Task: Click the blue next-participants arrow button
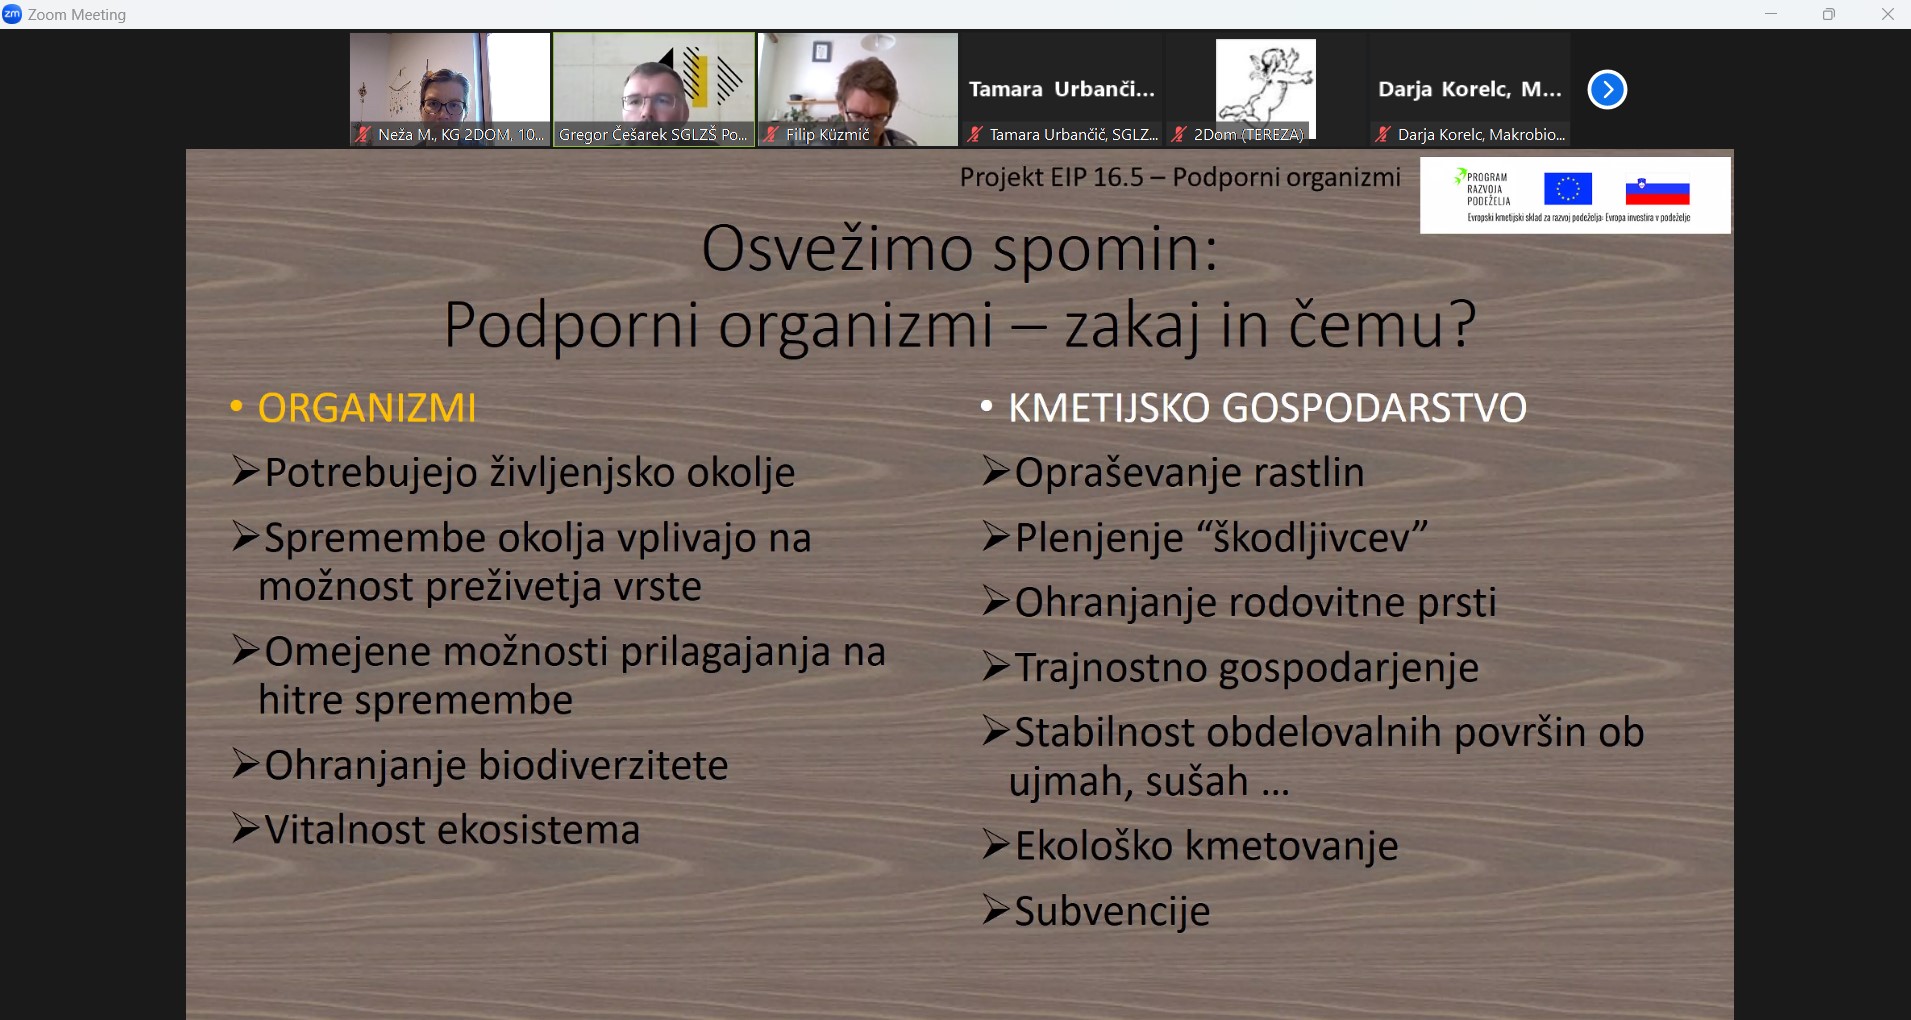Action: coord(1607,90)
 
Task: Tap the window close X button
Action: coord(1888,14)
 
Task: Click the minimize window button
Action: coord(1771,14)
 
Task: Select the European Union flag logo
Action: coord(1567,189)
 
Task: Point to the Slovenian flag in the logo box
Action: coord(1657,190)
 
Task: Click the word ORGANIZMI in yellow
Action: coord(367,408)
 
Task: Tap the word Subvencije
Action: coord(1112,911)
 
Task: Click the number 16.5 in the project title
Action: coord(1118,177)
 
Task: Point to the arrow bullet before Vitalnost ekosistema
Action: coord(245,828)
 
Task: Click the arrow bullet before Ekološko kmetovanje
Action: coord(995,844)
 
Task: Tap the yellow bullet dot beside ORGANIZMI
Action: coord(236,406)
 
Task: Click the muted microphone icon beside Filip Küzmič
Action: coord(772,134)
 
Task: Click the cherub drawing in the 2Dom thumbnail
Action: coord(1265,85)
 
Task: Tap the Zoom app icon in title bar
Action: coord(12,14)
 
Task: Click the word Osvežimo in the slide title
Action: coord(837,249)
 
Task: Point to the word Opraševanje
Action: coord(1128,473)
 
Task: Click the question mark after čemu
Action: coord(1462,324)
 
